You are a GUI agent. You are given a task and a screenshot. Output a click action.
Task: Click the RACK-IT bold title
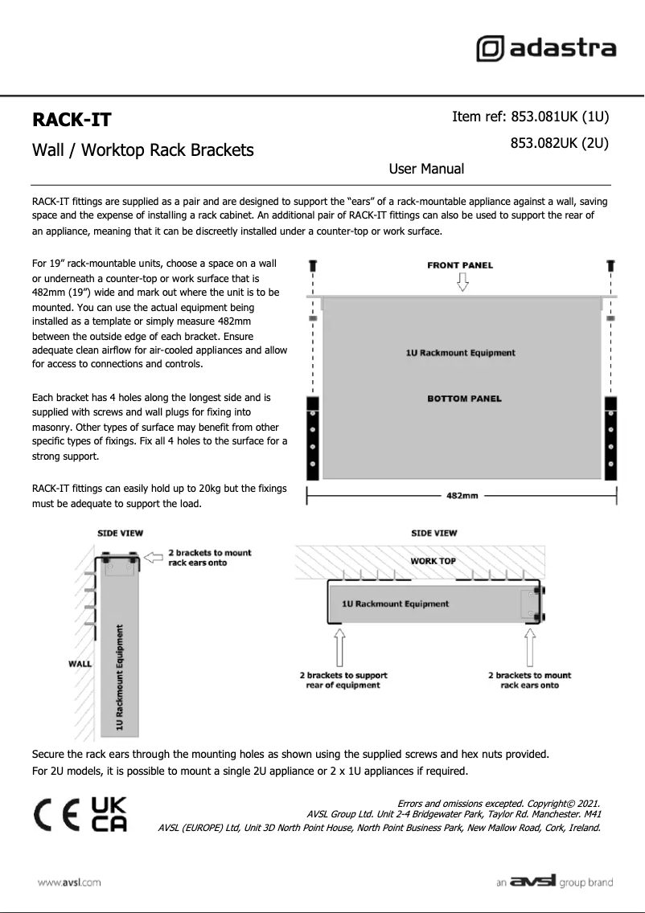coord(72,121)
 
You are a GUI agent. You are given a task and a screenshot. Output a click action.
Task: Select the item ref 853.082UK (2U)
coord(559,144)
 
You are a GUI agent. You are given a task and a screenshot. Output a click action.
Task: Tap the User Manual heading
coord(426,169)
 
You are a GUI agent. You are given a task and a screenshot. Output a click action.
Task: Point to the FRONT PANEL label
coord(460,265)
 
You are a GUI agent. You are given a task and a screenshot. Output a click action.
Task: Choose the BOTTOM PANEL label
coord(464,398)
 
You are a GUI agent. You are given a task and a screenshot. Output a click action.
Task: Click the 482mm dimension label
coord(462,496)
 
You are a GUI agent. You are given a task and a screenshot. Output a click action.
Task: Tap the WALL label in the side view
coord(80,664)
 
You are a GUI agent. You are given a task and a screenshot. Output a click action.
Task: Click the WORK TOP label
coord(433,561)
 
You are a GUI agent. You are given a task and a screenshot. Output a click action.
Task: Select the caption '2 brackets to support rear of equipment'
coord(343,680)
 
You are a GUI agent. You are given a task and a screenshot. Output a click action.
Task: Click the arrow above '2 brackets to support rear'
coord(340,647)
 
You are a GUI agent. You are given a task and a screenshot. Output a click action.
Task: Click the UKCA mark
coord(109,815)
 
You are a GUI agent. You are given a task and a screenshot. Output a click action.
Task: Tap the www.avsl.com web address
coord(69,882)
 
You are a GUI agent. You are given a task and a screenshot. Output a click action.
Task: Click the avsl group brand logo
coord(555,882)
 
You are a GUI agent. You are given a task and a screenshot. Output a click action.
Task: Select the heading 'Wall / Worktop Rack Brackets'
coord(142,150)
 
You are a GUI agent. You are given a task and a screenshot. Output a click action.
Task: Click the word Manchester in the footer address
coord(561,814)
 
